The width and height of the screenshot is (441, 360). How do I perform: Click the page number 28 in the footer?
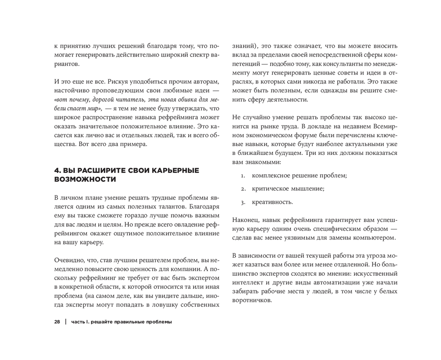(57, 322)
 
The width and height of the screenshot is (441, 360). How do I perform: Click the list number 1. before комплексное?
(243, 176)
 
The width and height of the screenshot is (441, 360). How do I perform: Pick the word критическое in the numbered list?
(270, 189)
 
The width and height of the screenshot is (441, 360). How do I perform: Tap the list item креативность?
(272, 202)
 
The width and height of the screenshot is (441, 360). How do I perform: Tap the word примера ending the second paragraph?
(136, 144)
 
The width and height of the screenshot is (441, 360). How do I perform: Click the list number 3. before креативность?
(243, 202)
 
